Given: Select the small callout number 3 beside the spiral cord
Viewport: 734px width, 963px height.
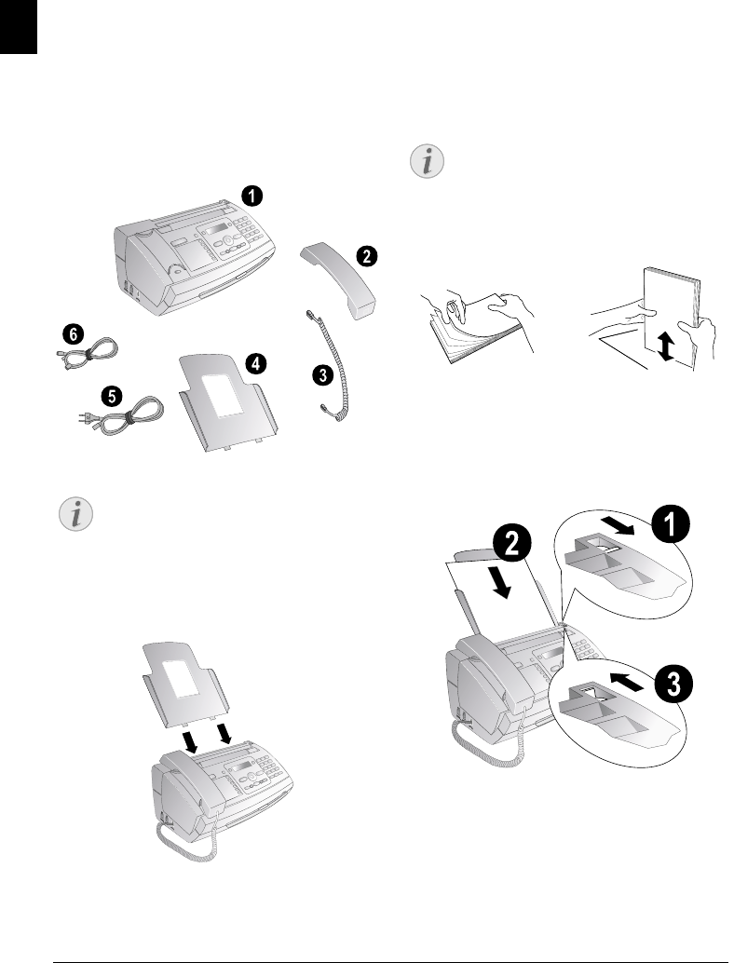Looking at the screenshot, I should [x=321, y=375].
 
